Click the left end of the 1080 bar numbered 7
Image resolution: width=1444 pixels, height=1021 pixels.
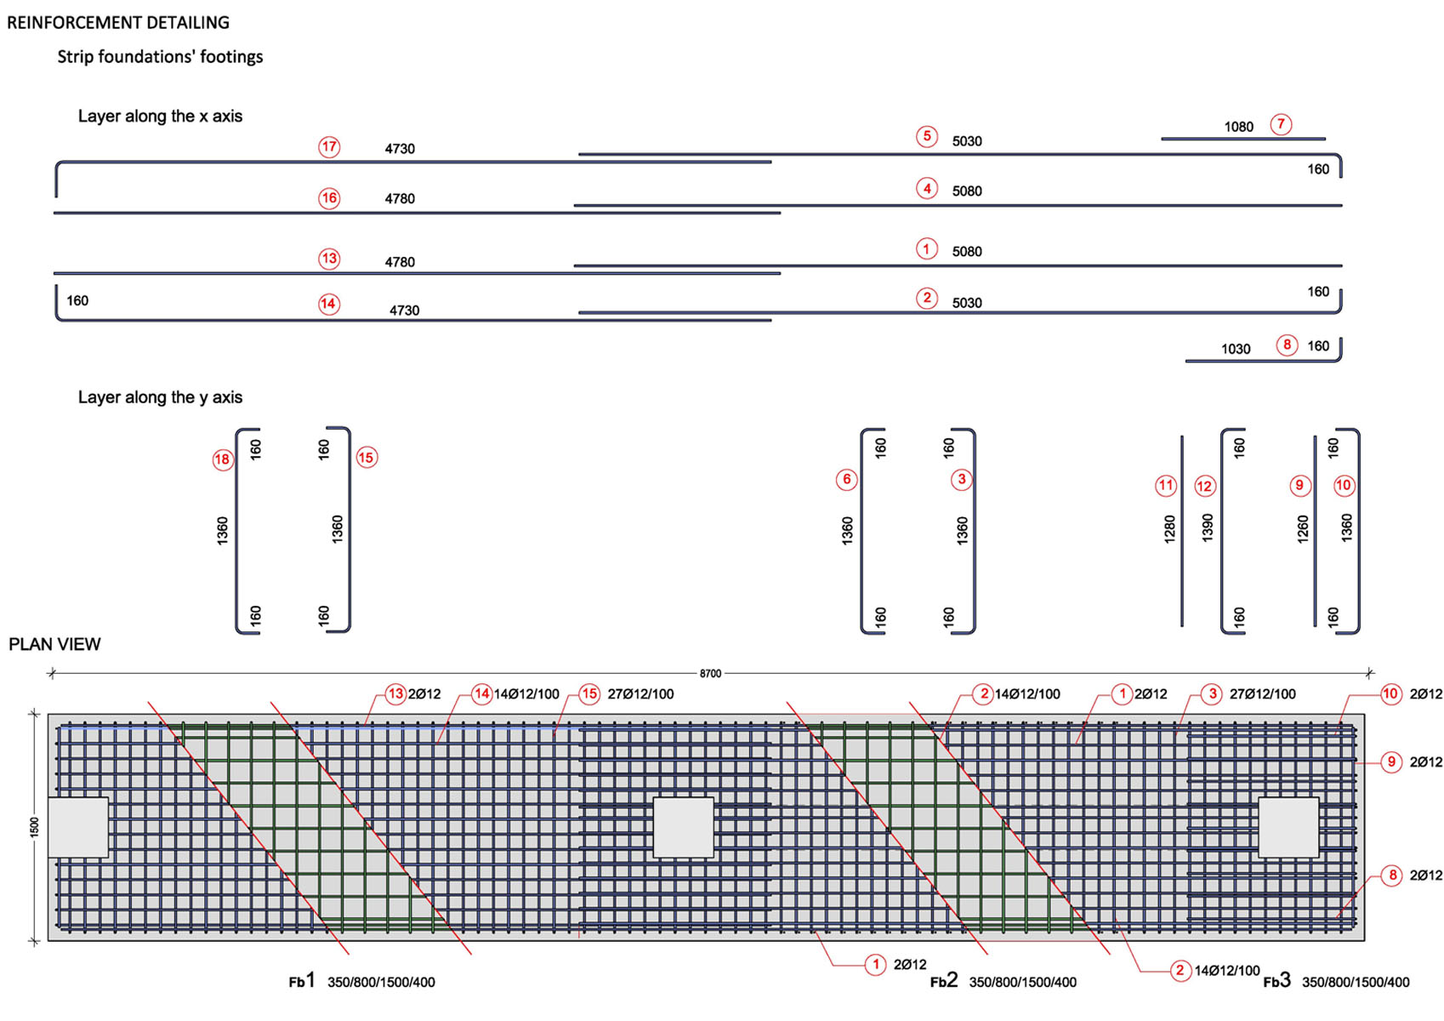click(1162, 139)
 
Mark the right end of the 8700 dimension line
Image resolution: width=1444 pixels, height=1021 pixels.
click(1369, 673)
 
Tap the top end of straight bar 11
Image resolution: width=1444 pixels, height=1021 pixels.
click(1181, 436)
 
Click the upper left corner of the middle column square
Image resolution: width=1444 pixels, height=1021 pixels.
click(654, 798)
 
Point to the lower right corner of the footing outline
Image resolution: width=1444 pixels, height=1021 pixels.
click(1365, 941)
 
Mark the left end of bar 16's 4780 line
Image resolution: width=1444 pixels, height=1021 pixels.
click(54, 213)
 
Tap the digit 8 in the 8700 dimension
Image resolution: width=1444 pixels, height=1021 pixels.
click(702, 673)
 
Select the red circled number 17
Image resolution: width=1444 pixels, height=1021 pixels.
click(329, 147)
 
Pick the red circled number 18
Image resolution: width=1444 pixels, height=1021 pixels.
click(223, 459)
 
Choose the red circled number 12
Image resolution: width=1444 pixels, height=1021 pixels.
click(1205, 487)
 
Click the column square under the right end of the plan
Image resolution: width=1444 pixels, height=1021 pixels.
click(1288, 828)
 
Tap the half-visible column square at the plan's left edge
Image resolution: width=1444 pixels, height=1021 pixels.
click(78, 828)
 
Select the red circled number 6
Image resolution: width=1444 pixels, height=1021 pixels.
click(846, 479)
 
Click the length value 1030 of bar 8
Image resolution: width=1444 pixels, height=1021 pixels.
click(1236, 349)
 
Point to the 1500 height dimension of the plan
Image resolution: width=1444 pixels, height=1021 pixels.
click(34, 828)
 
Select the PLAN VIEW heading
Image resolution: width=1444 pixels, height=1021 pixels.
click(54, 644)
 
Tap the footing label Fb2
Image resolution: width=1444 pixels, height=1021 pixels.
click(944, 980)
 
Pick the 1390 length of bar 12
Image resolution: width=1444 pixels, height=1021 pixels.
click(1208, 528)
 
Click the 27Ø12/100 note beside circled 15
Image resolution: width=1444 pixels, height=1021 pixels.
click(640, 694)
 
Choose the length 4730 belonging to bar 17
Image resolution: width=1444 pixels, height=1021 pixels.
click(400, 149)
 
